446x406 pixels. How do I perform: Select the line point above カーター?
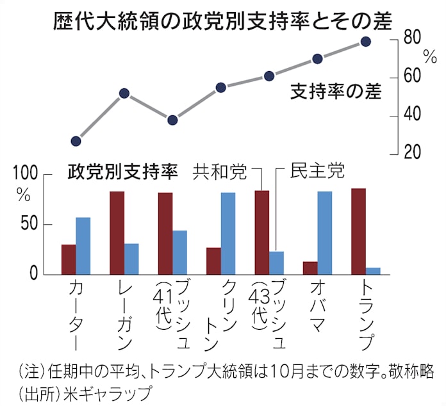click(76, 141)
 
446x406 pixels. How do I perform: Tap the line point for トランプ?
click(366, 42)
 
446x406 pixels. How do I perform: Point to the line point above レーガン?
click(124, 93)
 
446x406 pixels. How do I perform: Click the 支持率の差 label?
click(335, 92)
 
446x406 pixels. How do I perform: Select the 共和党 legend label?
click(220, 172)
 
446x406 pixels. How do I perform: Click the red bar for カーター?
click(69, 259)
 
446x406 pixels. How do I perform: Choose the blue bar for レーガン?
click(131, 259)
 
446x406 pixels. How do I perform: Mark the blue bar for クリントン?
click(228, 233)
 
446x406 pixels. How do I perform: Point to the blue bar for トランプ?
click(373, 271)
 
